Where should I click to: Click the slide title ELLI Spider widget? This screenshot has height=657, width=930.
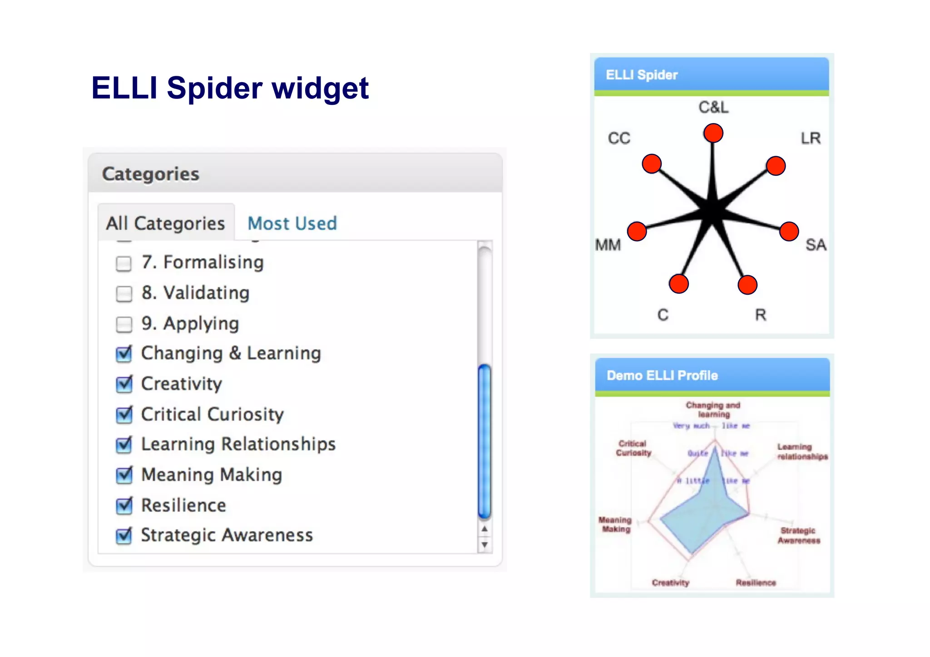coord(230,88)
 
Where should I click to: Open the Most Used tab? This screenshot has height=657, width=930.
coord(292,223)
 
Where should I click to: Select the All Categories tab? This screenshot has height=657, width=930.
coord(166,223)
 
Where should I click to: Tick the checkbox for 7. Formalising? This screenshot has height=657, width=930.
coord(124,263)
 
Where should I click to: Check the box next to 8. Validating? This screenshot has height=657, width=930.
coord(124,294)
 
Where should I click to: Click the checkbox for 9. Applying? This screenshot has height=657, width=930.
coord(124,324)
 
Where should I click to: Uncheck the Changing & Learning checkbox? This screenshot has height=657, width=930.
coord(124,354)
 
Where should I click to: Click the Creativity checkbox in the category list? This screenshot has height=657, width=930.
coord(124,385)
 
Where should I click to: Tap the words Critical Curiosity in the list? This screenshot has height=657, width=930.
coord(212,414)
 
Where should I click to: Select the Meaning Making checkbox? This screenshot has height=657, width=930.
coord(124,475)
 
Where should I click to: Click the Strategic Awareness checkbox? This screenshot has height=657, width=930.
coord(124,536)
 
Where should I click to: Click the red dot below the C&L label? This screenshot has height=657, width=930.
coord(713,133)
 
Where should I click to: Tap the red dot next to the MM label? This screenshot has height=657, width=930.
coord(637,232)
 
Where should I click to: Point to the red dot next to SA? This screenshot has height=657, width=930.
coord(789,232)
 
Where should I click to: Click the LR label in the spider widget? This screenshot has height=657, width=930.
coord(811,138)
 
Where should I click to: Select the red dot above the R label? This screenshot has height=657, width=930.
coord(747,285)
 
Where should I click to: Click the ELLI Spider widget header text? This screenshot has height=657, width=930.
coord(642,75)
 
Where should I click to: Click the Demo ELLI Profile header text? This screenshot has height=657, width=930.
coord(662,375)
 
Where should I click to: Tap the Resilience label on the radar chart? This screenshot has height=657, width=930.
coord(756,583)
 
